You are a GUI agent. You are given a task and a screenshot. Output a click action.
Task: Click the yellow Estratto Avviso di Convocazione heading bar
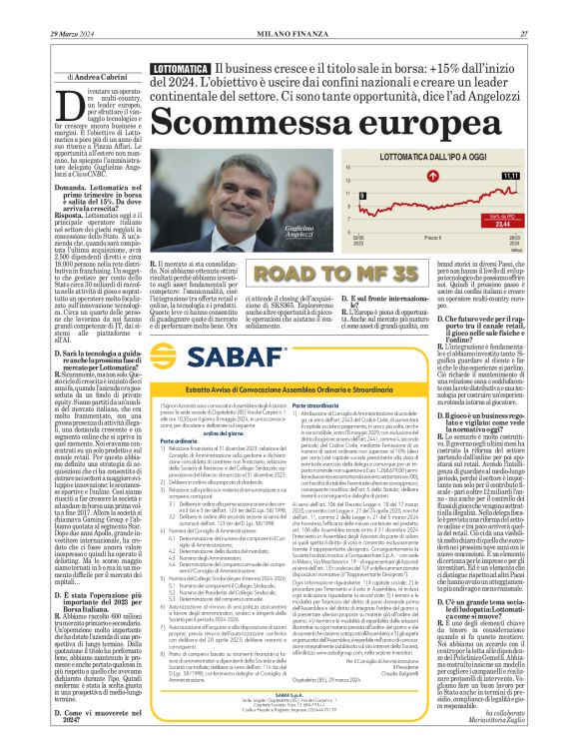coord(289,387)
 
